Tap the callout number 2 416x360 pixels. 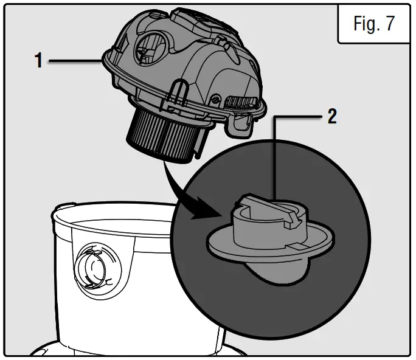332,117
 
